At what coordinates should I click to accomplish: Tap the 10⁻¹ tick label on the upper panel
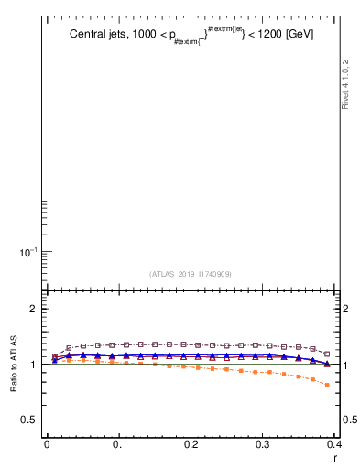click(28, 252)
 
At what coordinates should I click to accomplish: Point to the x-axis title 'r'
click(334, 457)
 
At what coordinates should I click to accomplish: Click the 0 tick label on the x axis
click(47, 444)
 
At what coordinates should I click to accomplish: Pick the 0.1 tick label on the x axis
click(119, 444)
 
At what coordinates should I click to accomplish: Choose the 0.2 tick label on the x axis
click(191, 444)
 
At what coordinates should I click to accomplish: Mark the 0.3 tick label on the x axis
click(263, 444)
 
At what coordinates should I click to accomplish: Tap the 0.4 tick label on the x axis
click(334, 444)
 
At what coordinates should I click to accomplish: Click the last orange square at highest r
click(327, 385)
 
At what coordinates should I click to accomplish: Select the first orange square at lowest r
click(55, 361)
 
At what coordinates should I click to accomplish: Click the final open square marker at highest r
click(327, 354)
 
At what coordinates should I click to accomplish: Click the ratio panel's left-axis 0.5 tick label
click(29, 420)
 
